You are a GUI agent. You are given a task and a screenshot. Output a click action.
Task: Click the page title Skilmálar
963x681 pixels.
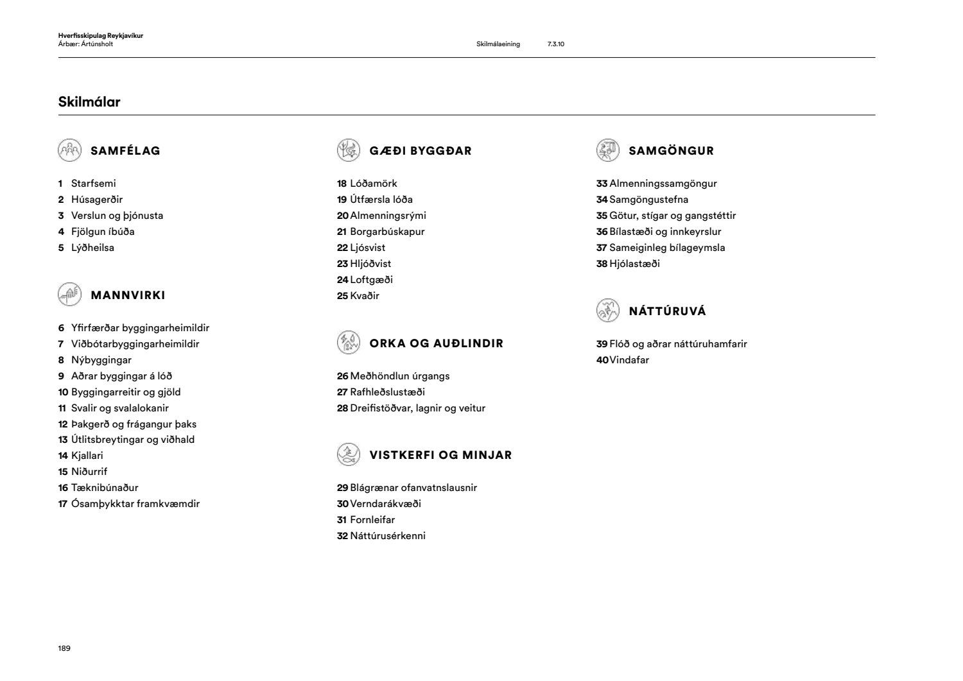89,102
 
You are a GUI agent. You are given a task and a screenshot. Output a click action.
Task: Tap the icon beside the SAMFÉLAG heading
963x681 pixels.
69,151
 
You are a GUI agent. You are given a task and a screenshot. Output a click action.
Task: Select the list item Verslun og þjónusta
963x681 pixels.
117,216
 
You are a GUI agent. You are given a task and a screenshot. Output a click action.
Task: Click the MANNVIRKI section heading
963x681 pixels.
128,295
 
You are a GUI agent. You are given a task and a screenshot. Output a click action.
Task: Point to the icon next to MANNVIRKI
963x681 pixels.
69,295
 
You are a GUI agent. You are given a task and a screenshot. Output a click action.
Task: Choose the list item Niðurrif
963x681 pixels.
89,472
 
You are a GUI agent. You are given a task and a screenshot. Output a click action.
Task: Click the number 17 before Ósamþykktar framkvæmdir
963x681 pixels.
63,504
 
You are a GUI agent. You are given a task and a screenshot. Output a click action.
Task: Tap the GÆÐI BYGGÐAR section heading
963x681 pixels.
421,151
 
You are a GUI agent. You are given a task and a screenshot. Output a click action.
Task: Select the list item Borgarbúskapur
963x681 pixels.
387,232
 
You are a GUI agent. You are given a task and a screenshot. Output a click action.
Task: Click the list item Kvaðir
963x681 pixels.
365,296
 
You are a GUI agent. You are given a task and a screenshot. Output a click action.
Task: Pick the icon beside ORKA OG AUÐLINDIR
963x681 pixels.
348,343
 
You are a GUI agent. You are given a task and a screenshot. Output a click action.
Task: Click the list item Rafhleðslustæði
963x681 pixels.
387,392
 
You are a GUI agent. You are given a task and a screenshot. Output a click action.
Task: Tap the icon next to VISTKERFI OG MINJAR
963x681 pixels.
348,454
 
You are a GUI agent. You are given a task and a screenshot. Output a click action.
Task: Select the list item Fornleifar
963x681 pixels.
372,520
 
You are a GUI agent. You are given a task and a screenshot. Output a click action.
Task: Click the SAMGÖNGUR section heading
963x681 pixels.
672,151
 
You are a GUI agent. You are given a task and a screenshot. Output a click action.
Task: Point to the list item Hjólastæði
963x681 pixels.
634,264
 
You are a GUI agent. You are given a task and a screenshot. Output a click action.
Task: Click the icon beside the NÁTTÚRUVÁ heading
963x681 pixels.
607,311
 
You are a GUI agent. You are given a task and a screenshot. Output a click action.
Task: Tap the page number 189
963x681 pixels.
64,648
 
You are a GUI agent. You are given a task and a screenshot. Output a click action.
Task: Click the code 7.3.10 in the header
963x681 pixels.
556,44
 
